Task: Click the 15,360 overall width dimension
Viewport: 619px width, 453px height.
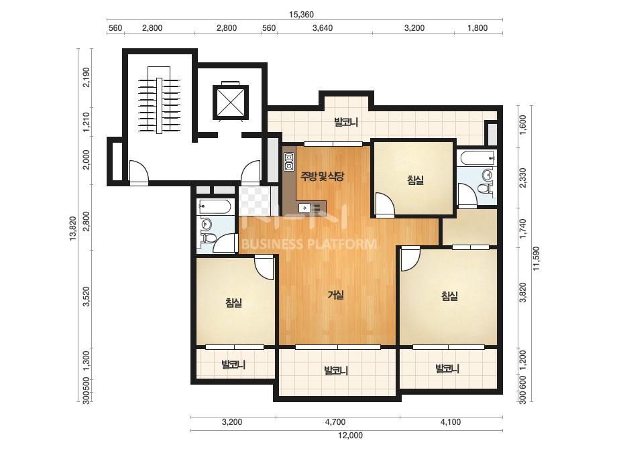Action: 301,15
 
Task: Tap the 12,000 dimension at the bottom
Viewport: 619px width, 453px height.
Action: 350,436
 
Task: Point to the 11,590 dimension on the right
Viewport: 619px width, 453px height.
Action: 536,259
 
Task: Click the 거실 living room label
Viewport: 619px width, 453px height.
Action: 336,295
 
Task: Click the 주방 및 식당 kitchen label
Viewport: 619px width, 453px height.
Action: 322,176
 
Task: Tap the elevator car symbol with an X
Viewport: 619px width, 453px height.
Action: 230,102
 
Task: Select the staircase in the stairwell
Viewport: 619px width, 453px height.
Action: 159,105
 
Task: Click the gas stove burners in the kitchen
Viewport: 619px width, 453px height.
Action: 288,161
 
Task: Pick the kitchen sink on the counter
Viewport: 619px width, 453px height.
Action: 305,207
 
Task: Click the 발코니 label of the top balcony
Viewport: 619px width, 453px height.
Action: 346,123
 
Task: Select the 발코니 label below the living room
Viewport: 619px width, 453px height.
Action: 335,371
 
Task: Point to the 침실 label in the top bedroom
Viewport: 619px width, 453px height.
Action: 415,180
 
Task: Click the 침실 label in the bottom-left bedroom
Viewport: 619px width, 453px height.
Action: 233,303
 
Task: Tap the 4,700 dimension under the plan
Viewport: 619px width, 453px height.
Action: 335,422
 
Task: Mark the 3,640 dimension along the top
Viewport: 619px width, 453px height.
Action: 323,28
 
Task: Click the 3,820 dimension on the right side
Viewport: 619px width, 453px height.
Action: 523,293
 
